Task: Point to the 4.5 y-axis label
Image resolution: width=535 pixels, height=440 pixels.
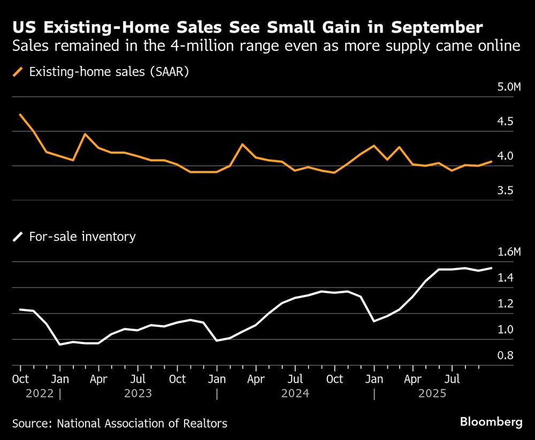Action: (x=506, y=122)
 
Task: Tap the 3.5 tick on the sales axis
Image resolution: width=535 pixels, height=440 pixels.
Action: (x=506, y=191)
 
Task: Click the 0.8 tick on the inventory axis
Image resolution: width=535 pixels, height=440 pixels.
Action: (x=506, y=356)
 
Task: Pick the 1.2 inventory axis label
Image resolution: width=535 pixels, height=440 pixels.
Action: (x=506, y=304)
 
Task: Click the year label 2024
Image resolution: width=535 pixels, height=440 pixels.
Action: (x=295, y=394)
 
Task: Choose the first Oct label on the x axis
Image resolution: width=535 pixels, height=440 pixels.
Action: (x=20, y=379)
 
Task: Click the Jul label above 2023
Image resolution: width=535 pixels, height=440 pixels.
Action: (x=138, y=379)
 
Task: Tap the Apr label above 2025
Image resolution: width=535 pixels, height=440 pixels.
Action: (x=413, y=379)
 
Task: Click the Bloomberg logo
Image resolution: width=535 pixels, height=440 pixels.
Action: (x=491, y=422)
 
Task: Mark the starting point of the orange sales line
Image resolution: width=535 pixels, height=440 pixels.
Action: (x=20, y=115)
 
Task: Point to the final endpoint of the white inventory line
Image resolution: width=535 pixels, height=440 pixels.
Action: (x=491, y=268)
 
